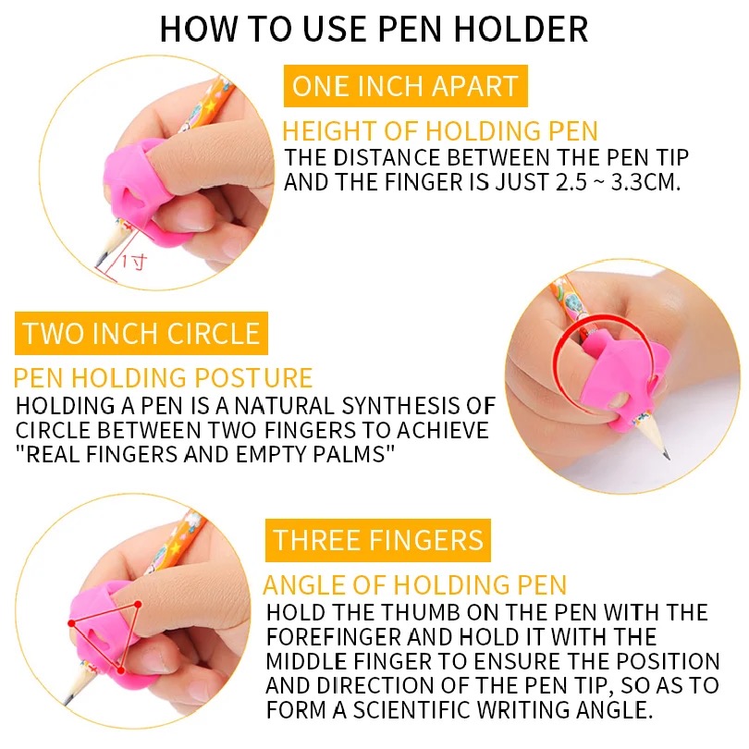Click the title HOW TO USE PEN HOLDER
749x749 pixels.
(x=374, y=29)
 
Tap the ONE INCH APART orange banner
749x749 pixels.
(x=406, y=86)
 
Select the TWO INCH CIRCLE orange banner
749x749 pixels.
(x=141, y=334)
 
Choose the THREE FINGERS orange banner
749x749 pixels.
(x=378, y=540)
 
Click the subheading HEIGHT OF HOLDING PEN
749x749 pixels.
(x=440, y=131)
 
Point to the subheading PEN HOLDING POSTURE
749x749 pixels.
(x=163, y=378)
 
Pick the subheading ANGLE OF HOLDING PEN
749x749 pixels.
(x=414, y=584)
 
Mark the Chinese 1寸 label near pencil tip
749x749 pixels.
(x=133, y=262)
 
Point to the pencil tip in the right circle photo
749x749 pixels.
(x=668, y=457)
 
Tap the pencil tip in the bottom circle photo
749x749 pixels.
(x=67, y=701)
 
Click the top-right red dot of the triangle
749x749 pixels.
(x=138, y=604)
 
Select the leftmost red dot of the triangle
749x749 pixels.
(x=71, y=623)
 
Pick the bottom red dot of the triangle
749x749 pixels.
(x=121, y=670)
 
